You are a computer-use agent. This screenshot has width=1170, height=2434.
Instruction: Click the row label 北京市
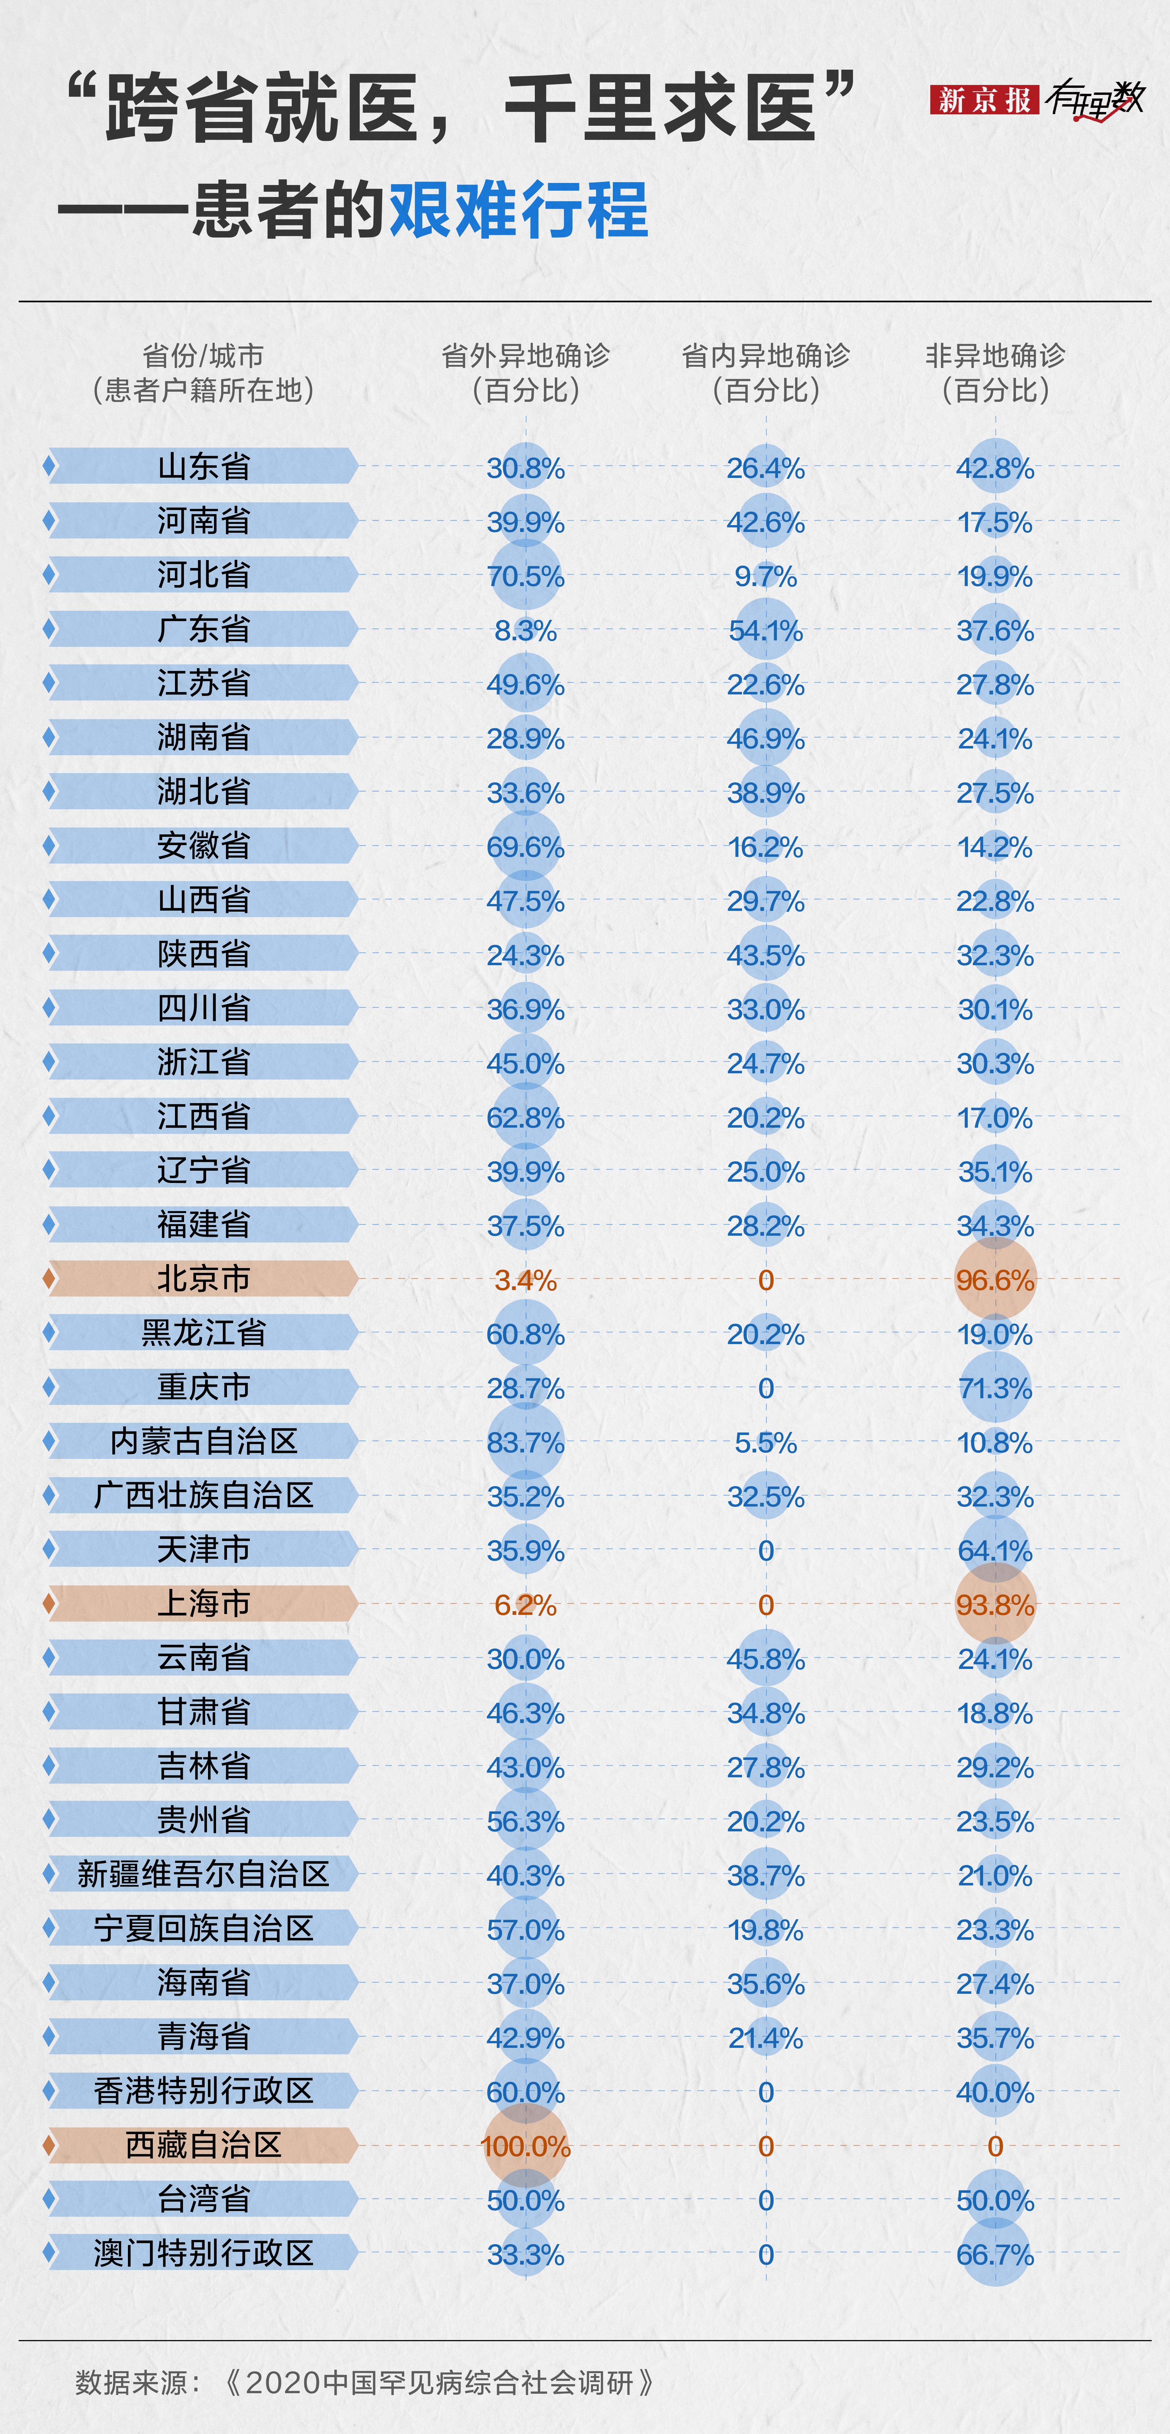(x=203, y=1279)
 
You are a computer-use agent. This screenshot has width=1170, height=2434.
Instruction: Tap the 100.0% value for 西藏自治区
(x=525, y=2146)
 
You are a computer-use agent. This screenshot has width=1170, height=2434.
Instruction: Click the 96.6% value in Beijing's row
(x=995, y=1280)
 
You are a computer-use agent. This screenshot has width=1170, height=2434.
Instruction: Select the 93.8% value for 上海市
(x=995, y=1604)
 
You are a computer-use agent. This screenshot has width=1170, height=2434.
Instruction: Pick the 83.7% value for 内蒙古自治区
(x=525, y=1443)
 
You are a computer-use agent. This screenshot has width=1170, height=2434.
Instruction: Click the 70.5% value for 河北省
(x=525, y=576)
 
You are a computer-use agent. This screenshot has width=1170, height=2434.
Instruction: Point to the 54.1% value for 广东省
(x=765, y=630)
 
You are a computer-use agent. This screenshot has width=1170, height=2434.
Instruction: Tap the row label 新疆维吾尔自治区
(x=203, y=1875)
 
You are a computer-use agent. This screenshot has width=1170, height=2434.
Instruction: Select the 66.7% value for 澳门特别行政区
(x=995, y=2254)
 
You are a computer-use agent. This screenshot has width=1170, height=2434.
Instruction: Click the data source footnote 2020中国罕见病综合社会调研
(x=439, y=2382)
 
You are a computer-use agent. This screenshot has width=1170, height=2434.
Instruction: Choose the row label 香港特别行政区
(x=203, y=2091)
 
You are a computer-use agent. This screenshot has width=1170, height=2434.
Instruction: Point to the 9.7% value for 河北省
(x=765, y=576)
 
